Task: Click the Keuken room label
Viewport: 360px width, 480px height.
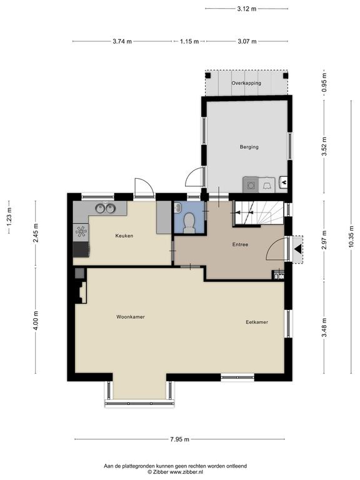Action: (x=124, y=236)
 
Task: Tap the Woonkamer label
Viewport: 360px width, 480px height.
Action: (x=131, y=317)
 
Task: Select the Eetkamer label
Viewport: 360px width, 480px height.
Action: (x=257, y=322)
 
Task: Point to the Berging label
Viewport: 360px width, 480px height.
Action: (x=249, y=147)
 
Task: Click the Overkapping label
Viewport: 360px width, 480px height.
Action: (x=246, y=83)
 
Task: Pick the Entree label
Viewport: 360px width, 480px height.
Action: (x=240, y=244)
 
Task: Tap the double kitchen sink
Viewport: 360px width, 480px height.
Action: (x=105, y=209)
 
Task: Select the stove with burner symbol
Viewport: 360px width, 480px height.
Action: (x=81, y=232)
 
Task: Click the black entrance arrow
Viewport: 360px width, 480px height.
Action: (x=297, y=249)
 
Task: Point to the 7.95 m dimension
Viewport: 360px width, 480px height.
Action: (x=180, y=439)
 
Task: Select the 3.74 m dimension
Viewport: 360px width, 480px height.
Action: (x=122, y=41)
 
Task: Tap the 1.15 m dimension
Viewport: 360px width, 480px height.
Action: (x=189, y=41)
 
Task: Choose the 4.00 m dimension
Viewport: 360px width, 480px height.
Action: (x=36, y=320)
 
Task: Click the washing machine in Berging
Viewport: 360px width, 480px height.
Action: (x=251, y=185)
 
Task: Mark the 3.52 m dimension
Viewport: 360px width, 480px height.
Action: (x=324, y=146)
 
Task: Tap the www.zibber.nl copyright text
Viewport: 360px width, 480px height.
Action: (x=176, y=472)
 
